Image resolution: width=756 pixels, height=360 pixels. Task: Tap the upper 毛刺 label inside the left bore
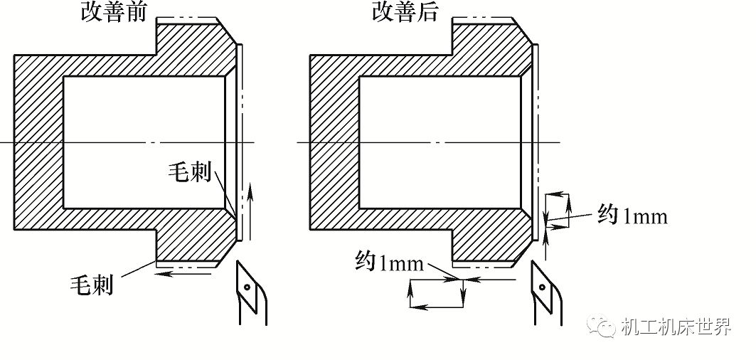pos(190,172)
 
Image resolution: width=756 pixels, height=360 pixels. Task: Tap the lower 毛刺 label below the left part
pos(91,285)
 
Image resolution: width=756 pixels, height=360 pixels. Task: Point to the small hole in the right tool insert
pos(543,287)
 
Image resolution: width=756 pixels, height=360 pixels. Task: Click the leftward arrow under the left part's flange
pos(185,271)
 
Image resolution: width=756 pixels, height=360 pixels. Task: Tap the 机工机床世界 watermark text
pos(676,328)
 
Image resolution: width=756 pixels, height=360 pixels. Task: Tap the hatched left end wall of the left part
pos(38,142)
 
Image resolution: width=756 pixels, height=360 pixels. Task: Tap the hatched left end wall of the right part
pos(334,142)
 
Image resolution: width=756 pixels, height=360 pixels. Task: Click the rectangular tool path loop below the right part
pos(437,293)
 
